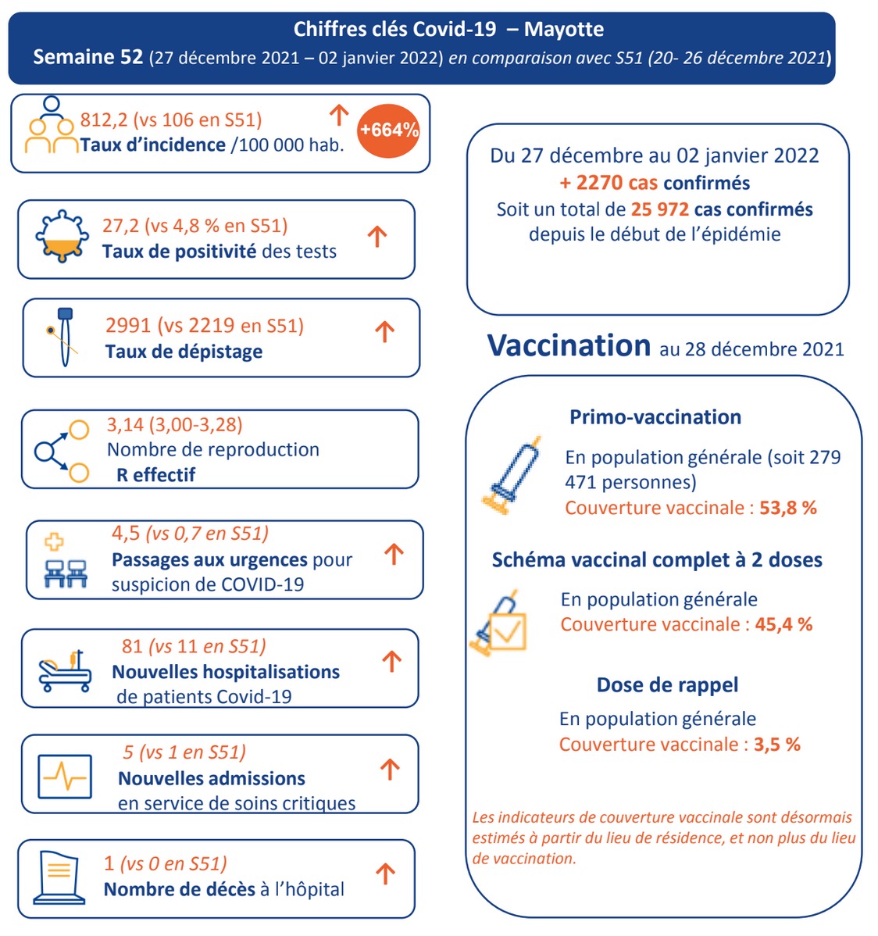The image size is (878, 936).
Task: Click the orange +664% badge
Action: click(388, 130)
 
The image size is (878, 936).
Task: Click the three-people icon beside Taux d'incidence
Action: click(52, 127)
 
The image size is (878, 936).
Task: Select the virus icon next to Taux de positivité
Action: click(62, 237)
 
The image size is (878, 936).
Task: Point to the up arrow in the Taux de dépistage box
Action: click(384, 332)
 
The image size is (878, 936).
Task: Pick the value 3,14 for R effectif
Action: click(125, 424)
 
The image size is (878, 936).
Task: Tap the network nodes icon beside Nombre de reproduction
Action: click(61, 451)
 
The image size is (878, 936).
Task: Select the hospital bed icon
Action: click(65, 671)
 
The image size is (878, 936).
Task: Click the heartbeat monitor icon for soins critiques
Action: click(65, 776)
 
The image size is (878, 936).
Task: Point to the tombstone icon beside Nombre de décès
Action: click(59, 877)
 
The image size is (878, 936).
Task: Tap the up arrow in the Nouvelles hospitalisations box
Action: click(392, 663)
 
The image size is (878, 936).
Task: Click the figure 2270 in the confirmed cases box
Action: click(599, 183)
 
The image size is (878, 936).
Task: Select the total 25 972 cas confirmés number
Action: click(660, 209)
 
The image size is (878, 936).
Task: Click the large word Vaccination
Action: click(569, 346)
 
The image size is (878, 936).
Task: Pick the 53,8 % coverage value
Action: click(788, 508)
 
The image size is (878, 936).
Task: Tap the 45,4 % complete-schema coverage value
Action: click(783, 624)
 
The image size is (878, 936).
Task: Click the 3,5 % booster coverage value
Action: click(777, 745)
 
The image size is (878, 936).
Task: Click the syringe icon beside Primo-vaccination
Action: click(511, 475)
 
